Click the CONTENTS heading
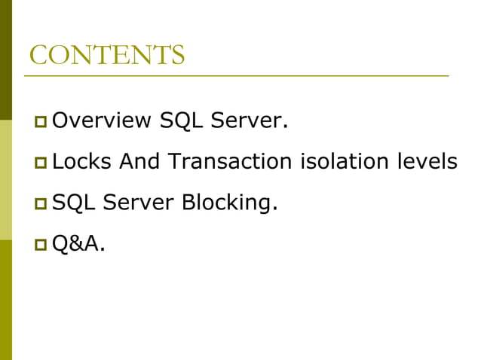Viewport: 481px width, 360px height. click(x=106, y=56)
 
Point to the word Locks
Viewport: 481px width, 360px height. click(x=82, y=161)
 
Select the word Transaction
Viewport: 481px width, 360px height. click(x=230, y=161)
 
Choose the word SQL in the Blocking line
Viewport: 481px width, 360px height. click(x=73, y=202)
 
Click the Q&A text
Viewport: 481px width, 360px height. click(x=78, y=243)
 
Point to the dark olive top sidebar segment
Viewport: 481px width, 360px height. click(x=6, y=60)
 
